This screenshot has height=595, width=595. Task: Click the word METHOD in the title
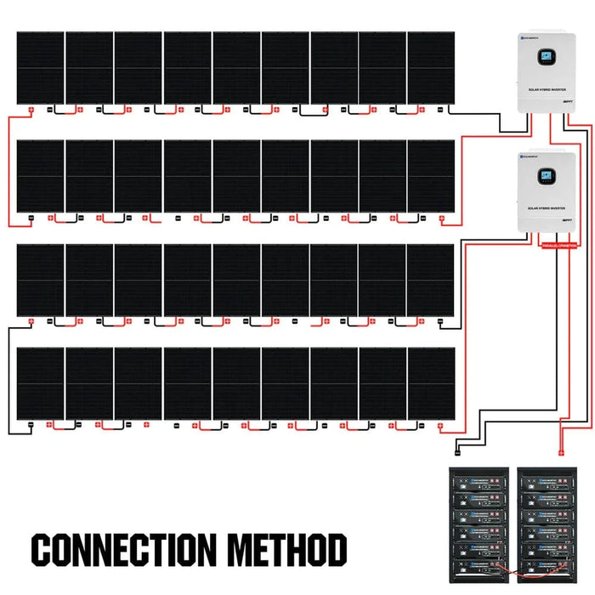[x=289, y=551]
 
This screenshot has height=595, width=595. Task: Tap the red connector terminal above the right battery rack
[x=559, y=453]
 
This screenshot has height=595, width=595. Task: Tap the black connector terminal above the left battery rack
[x=457, y=453]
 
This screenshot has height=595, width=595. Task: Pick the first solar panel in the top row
[x=40, y=68]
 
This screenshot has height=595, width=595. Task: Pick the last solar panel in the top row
[x=431, y=68]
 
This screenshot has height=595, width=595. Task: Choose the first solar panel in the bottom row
[x=40, y=382]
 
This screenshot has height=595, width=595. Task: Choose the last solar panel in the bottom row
[x=431, y=382]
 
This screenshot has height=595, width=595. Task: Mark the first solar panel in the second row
[x=40, y=176]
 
